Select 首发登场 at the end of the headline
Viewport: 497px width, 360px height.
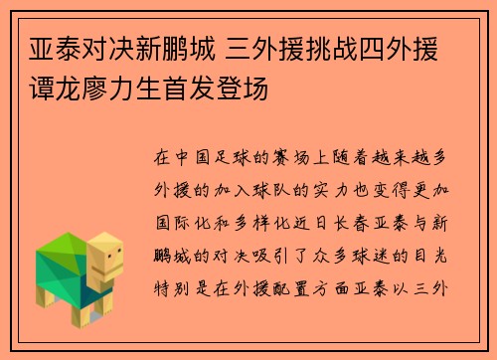pos(230,87)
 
